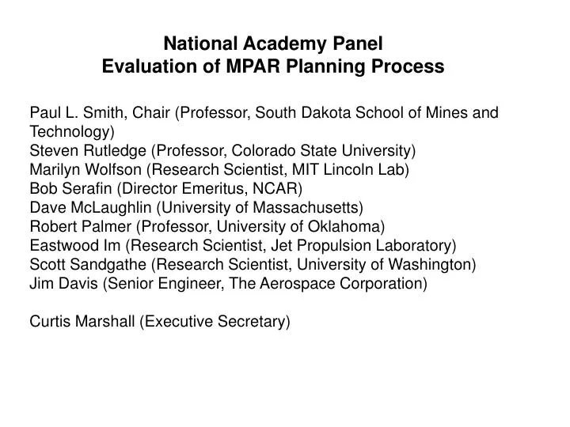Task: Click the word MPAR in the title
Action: pos(274,67)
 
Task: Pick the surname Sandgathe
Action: pos(107,264)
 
